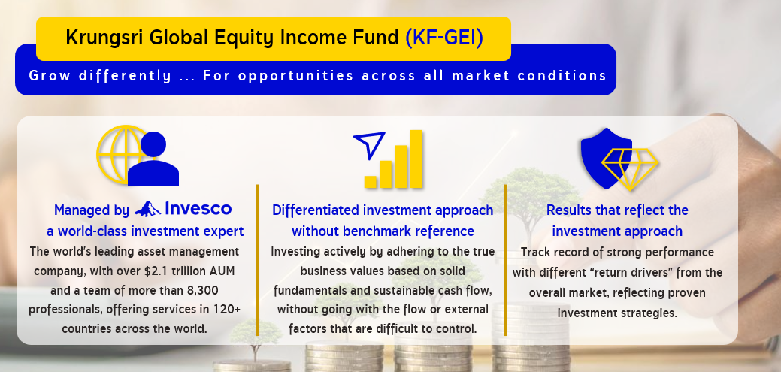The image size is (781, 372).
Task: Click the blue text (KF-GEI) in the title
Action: tap(444, 38)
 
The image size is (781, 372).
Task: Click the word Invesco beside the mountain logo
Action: tap(198, 209)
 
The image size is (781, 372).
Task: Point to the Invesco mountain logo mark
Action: tap(147, 209)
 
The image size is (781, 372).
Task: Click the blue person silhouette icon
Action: tap(153, 159)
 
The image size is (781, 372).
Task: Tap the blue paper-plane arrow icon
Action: tap(370, 144)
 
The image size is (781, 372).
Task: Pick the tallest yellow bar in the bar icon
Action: tap(416, 159)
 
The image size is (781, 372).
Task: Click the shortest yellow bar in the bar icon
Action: tap(371, 182)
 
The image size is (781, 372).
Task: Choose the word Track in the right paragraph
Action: tap(535, 253)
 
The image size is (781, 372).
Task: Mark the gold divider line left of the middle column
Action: tap(258, 260)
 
